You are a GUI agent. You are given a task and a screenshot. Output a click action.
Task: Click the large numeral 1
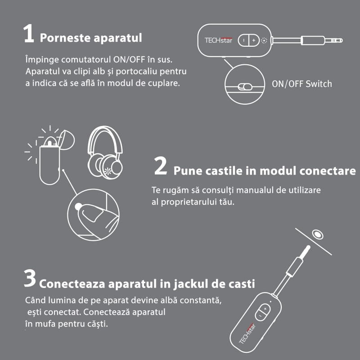point(29,35)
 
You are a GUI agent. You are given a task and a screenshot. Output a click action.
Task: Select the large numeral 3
point(30,279)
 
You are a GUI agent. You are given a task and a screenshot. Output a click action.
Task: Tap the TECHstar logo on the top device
point(218,40)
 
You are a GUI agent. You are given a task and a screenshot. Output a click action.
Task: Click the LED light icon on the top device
point(264,40)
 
